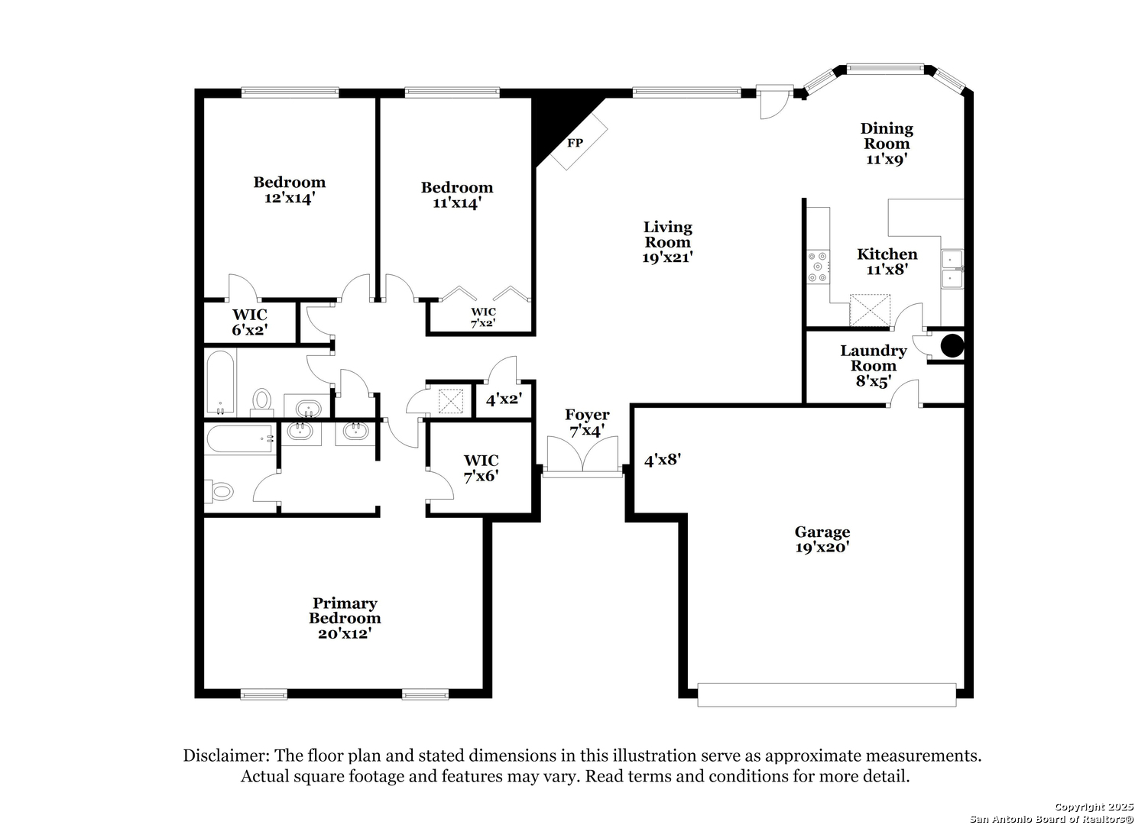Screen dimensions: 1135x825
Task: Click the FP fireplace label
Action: point(575,144)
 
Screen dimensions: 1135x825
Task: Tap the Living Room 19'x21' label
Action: point(667,242)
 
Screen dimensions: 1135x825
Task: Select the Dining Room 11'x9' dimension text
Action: point(886,159)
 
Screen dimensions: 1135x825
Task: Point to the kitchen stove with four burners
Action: point(818,267)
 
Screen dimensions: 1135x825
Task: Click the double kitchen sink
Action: point(952,269)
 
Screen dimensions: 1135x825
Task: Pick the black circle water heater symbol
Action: point(952,346)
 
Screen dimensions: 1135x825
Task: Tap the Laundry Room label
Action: point(874,358)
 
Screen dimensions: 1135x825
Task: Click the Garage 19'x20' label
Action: point(822,539)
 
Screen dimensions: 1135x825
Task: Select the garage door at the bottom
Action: point(826,695)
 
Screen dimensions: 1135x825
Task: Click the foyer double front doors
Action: point(582,455)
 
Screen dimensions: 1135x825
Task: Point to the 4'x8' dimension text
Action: point(662,460)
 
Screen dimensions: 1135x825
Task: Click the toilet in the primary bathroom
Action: point(220,490)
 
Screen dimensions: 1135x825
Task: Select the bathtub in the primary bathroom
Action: point(240,438)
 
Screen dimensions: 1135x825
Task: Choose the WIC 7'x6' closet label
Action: point(481,468)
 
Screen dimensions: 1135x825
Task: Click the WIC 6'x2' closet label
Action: point(250,322)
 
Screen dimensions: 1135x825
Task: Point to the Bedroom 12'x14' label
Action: point(290,190)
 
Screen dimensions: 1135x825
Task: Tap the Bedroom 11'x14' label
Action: point(456,195)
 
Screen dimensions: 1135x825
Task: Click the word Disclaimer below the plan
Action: point(226,755)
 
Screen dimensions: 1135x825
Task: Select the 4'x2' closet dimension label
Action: point(504,400)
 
